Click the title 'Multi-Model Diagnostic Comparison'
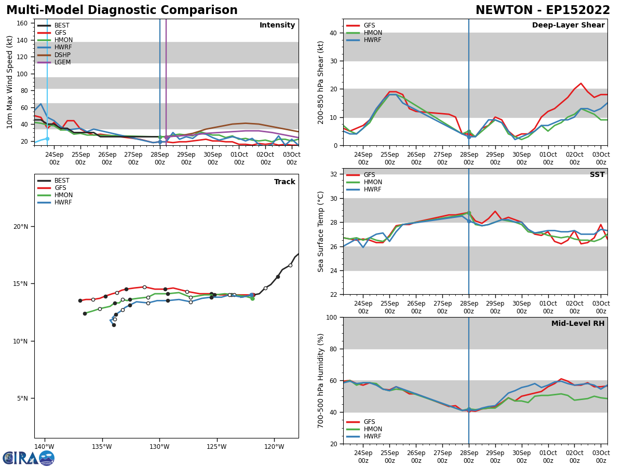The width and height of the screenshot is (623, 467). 122,10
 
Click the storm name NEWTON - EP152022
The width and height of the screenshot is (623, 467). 543,10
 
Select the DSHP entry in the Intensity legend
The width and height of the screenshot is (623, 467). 62,55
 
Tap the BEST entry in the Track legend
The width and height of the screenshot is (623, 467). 62,181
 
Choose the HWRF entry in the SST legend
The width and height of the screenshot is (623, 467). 373,189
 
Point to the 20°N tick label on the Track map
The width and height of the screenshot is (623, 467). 21,226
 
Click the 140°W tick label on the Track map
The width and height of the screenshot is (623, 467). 44,447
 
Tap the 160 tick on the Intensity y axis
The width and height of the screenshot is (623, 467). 23,23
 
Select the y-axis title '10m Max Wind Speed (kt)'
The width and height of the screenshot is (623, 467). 10,82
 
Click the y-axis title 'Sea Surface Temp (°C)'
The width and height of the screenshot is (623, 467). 321,231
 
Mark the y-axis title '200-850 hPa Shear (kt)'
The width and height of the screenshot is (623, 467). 321,82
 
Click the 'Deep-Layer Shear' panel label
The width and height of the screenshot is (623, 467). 568,25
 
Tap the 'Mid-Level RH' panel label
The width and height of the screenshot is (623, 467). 577,324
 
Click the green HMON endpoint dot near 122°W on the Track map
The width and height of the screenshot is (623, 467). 252,298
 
